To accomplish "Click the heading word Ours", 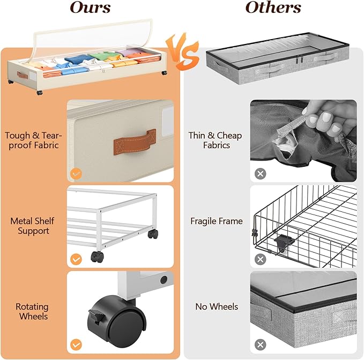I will [91, 9].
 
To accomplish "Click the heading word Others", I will [273, 9].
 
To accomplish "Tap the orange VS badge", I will [182, 54].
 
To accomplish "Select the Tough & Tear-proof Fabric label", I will [32, 141].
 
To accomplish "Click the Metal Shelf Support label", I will [32, 226].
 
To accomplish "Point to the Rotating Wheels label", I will [32, 312].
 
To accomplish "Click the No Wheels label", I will [216, 307].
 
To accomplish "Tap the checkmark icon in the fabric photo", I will [76, 174].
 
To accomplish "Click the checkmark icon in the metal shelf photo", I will [76, 259].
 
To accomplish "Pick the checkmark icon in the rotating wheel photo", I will [76, 344].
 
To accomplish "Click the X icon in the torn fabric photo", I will [260, 174].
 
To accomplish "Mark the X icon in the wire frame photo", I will [260, 259].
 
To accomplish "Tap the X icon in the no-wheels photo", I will [260, 344].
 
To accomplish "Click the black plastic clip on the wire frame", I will [284, 243].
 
